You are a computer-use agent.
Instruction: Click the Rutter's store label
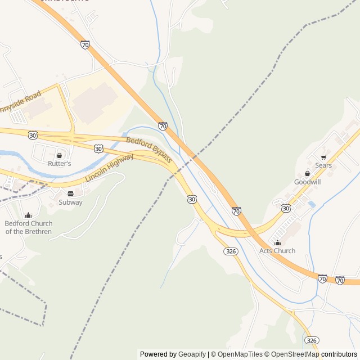59,164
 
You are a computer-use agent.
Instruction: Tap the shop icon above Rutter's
59,155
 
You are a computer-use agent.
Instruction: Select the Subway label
70,202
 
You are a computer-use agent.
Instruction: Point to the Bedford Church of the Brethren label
29,227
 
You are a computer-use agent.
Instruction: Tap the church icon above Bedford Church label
29,215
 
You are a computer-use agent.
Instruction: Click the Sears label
323,165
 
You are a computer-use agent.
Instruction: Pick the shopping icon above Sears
323,157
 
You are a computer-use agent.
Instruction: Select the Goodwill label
308,182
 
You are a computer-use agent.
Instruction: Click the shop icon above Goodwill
308,173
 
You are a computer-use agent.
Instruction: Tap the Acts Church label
277,251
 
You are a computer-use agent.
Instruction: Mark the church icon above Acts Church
277,242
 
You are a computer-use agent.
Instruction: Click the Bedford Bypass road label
149,150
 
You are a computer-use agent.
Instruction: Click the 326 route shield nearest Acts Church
229,250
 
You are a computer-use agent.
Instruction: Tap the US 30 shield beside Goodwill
286,208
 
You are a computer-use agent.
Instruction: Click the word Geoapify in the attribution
192,354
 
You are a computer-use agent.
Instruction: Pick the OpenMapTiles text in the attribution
240,354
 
